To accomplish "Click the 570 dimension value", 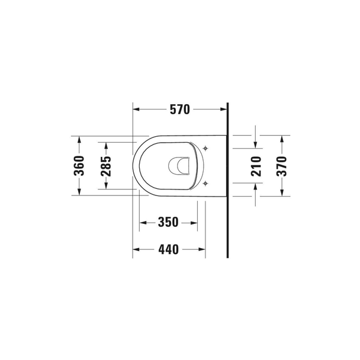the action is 180,110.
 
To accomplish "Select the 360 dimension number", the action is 79,166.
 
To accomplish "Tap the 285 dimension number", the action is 106,166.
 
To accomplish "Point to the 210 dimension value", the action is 256,166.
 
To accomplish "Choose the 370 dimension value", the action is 282,166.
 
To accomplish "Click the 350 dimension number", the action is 168,222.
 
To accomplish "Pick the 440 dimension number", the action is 168,249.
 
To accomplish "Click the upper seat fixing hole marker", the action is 205,148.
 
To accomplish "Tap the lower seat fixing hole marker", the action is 205,183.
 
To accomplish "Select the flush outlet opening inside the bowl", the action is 179,166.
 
